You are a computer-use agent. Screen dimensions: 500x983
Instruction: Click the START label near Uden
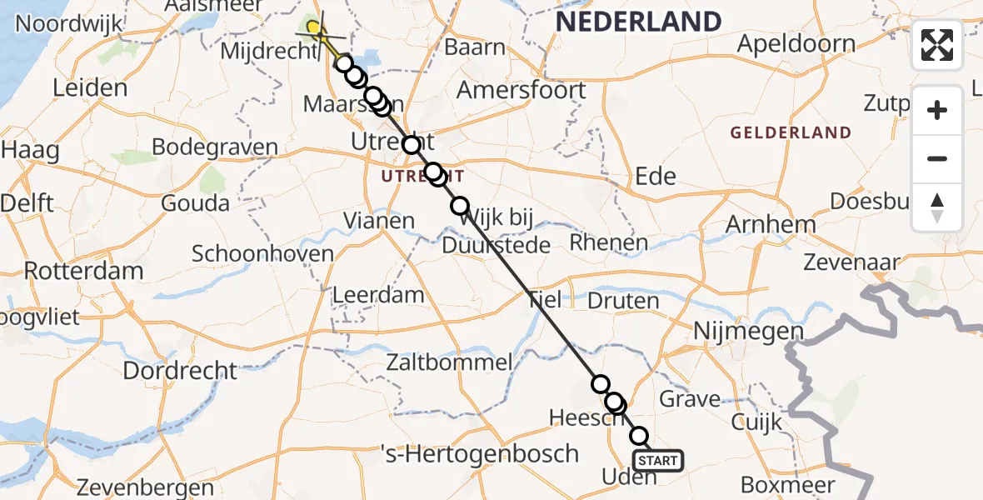point(659,460)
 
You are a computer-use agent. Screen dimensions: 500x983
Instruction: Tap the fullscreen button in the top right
point(937,45)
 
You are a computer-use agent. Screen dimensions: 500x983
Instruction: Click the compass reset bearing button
point(937,207)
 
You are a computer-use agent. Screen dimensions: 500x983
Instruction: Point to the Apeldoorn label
point(796,44)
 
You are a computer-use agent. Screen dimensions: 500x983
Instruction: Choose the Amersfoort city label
point(533,89)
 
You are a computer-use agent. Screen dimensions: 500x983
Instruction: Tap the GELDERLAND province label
point(791,133)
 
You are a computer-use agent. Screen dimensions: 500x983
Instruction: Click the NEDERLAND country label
point(638,22)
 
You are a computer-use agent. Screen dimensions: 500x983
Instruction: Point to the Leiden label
point(89,88)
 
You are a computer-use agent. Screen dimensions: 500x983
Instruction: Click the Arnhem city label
point(771,224)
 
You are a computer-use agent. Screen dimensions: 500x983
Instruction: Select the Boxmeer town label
point(787,484)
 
